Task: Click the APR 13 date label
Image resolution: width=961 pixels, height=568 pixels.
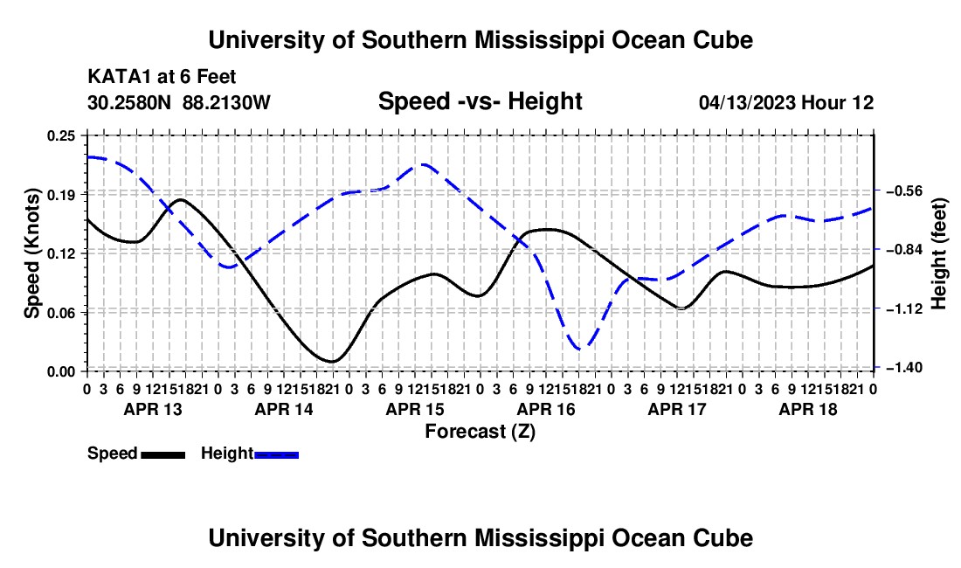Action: (153, 409)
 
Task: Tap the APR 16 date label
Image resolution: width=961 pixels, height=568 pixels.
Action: (546, 409)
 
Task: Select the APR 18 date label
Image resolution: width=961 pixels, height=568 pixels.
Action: (808, 409)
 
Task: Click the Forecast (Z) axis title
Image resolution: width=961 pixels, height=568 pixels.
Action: (480, 432)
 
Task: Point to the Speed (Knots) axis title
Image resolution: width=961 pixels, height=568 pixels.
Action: (31, 253)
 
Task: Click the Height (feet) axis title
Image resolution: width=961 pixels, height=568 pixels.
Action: (939, 253)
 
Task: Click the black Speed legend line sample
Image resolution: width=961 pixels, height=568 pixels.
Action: (163, 455)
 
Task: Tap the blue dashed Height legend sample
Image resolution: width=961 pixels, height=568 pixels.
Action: (276, 455)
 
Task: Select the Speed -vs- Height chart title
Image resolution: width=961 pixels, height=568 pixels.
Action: (480, 101)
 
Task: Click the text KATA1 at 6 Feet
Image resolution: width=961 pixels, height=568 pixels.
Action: (162, 77)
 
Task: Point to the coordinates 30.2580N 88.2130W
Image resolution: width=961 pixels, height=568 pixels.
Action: (179, 102)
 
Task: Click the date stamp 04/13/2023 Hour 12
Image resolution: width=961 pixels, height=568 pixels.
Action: (786, 102)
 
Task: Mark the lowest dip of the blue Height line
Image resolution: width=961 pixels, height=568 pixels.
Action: (580, 350)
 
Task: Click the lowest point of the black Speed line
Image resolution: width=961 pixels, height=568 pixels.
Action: (332, 362)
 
